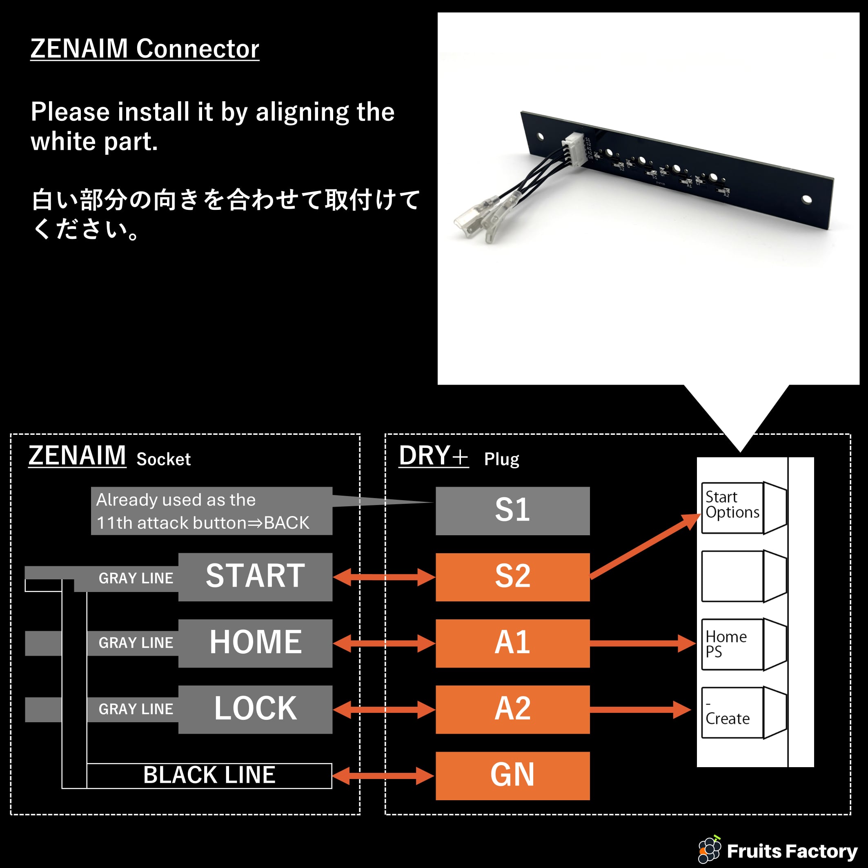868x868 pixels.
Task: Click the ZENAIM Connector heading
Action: [145, 49]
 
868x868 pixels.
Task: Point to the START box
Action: [255, 577]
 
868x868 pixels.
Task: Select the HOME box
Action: [255, 643]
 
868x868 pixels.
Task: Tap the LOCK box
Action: [255, 710]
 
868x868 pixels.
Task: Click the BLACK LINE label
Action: [209, 775]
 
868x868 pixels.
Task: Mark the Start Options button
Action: [732, 507]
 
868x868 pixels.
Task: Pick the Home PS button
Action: [732, 644]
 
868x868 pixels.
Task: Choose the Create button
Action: [732, 712]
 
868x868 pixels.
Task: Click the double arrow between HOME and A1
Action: [384, 643]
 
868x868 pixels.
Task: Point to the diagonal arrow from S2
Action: [645, 546]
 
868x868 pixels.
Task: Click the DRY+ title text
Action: [433, 456]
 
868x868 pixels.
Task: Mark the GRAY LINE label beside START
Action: [136, 578]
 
